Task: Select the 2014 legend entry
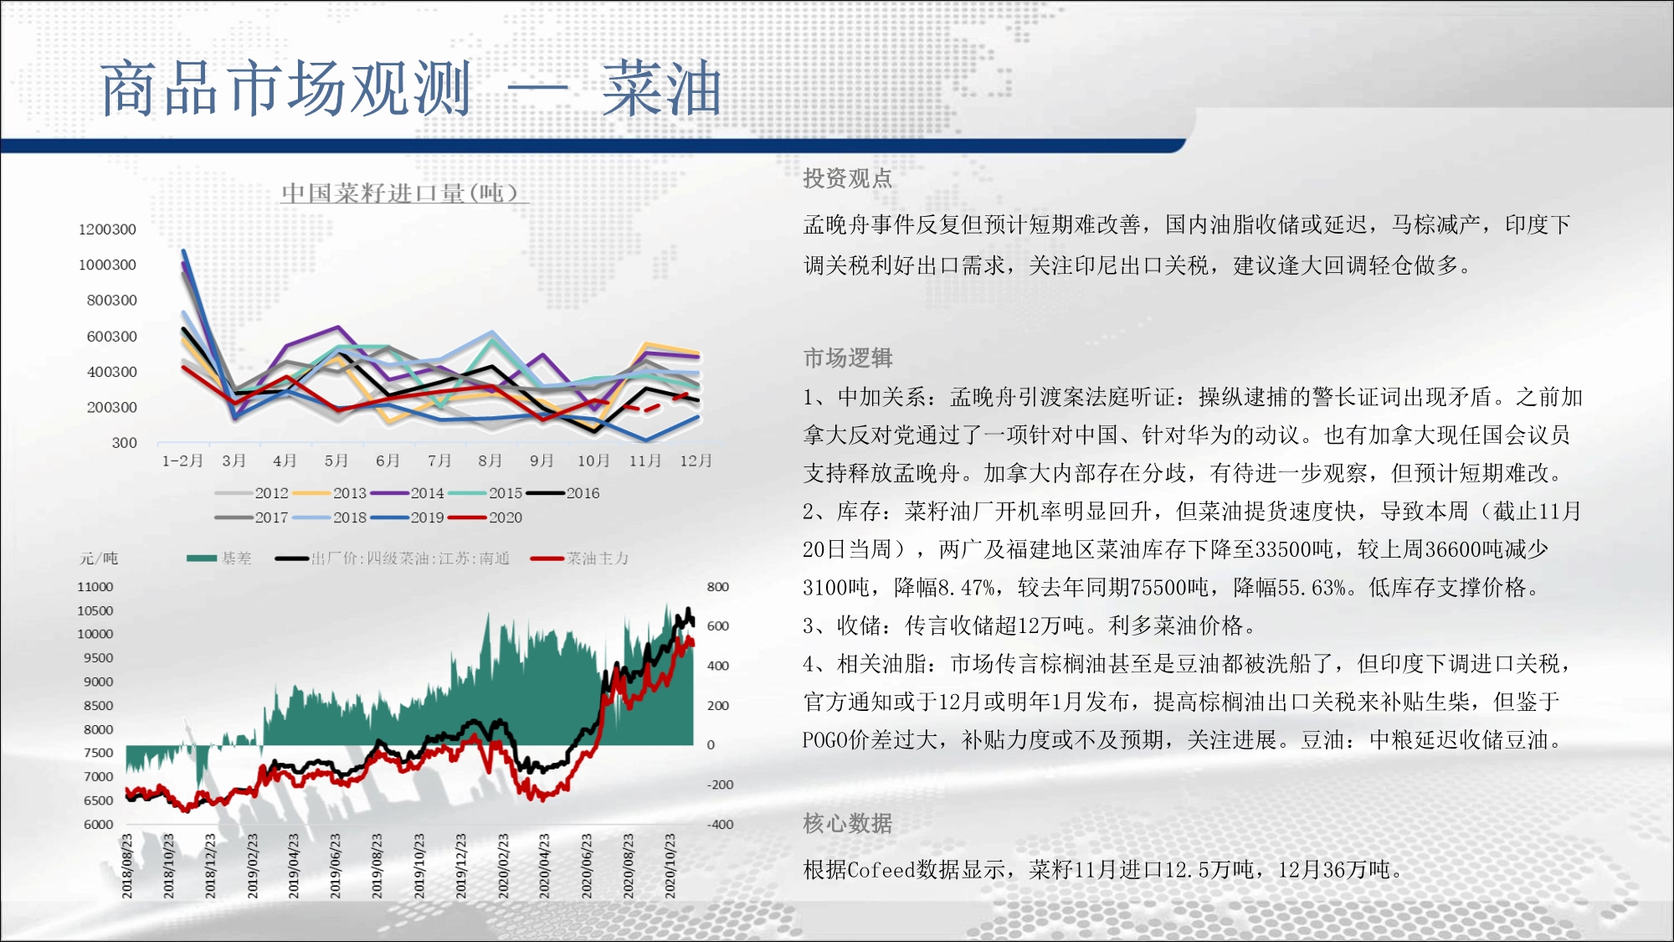point(408,493)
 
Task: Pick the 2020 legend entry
point(485,517)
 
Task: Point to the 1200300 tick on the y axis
point(107,229)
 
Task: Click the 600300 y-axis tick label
point(111,337)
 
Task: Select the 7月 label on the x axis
point(439,461)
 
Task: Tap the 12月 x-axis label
point(696,461)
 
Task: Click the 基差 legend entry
point(219,559)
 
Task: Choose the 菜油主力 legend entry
point(579,559)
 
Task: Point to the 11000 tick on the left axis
point(95,587)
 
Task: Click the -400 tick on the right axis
point(720,825)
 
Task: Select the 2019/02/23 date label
point(253,866)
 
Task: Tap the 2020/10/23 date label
point(670,866)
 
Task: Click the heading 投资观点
point(848,178)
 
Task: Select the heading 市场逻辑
point(848,358)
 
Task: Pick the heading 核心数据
point(848,824)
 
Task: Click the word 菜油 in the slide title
point(661,89)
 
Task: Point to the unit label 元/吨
point(99,559)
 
